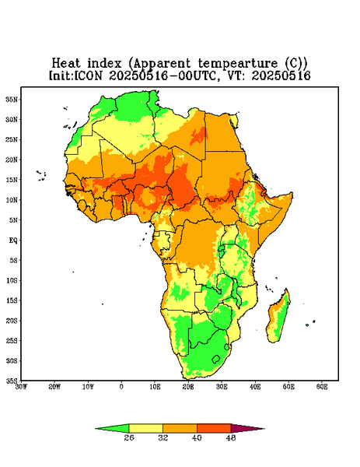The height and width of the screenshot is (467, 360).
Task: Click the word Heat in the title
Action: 66,64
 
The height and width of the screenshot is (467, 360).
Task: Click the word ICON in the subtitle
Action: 88,75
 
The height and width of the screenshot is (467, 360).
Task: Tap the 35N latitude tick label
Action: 12,100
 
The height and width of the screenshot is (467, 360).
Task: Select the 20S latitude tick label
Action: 12,321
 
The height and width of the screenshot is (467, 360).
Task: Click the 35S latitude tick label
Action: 12,381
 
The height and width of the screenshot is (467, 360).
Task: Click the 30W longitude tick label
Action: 22,387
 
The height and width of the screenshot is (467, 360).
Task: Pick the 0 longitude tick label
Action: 121,387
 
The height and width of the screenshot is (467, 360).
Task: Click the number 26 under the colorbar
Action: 129,437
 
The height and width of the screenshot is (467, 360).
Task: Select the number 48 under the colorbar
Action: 231,437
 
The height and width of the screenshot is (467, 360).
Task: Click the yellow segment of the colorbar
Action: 145,428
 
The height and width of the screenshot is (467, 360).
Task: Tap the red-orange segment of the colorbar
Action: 214,428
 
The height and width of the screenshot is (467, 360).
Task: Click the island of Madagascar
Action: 278,318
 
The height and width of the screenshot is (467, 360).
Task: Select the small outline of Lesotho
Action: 216,359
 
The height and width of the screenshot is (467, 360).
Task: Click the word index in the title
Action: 104,64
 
